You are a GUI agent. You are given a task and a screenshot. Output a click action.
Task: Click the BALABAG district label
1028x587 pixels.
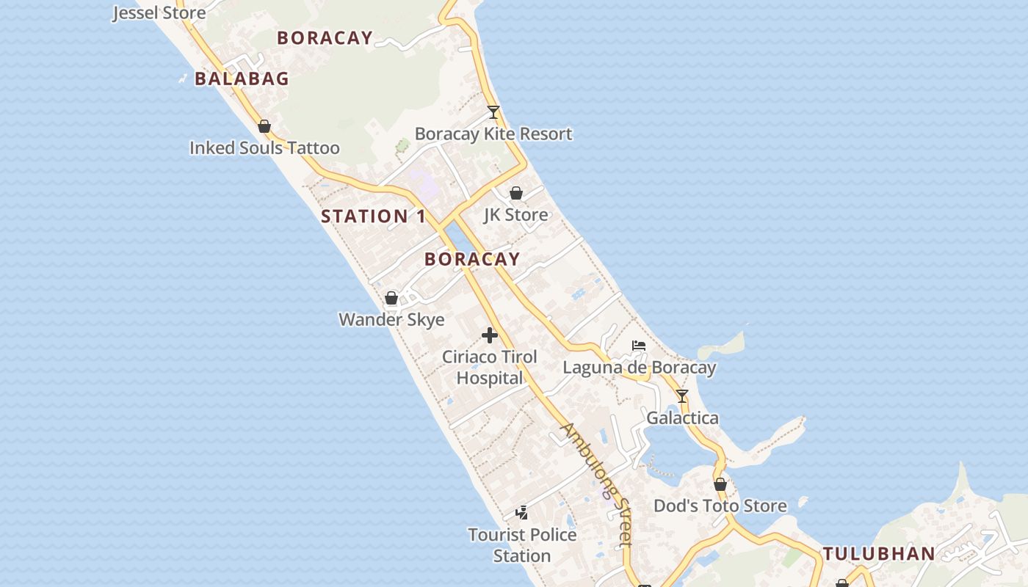pyautogui.click(x=242, y=79)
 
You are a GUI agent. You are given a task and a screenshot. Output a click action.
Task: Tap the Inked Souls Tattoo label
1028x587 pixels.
pyautogui.click(x=264, y=148)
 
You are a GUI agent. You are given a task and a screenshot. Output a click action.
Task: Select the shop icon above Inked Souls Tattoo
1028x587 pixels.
pyautogui.click(x=264, y=126)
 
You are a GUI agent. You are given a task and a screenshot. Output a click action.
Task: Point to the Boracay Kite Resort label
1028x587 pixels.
pyautogui.click(x=493, y=134)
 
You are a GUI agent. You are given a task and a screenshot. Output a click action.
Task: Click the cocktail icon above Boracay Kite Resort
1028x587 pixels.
pyautogui.click(x=493, y=112)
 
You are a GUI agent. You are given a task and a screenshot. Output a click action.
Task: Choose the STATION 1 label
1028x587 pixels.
pyautogui.click(x=373, y=216)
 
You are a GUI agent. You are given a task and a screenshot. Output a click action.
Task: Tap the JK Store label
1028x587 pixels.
pyautogui.click(x=515, y=215)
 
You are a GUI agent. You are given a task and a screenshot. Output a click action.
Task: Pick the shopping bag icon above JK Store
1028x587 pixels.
pyautogui.click(x=516, y=193)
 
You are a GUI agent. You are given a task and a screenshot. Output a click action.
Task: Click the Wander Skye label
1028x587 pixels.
pyautogui.click(x=391, y=320)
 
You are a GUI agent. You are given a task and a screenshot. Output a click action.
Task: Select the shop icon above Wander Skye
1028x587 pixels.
pyautogui.click(x=391, y=298)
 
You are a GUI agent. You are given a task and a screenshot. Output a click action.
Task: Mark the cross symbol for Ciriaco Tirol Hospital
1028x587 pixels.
pyautogui.click(x=490, y=336)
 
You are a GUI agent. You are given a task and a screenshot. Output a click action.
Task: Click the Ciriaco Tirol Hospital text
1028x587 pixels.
pyautogui.click(x=490, y=368)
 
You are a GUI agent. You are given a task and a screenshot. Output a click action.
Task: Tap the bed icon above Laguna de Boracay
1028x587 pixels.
pyautogui.click(x=639, y=346)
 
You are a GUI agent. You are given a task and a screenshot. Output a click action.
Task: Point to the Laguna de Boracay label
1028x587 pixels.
pyautogui.click(x=639, y=368)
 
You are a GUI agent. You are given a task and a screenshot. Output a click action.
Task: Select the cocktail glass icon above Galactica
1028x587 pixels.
pyautogui.click(x=682, y=396)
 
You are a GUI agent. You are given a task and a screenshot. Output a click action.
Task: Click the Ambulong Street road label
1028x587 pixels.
pyautogui.click(x=596, y=484)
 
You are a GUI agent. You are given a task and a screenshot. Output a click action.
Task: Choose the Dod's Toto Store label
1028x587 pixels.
pyautogui.click(x=720, y=506)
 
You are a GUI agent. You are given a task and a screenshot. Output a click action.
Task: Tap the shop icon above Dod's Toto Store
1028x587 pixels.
pyautogui.click(x=720, y=484)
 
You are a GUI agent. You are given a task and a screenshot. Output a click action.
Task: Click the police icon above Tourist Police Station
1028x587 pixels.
pyautogui.click(x=522, y=512)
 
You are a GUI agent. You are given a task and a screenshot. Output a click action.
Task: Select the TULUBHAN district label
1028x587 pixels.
pyautogui.click(x=878, y=554)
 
